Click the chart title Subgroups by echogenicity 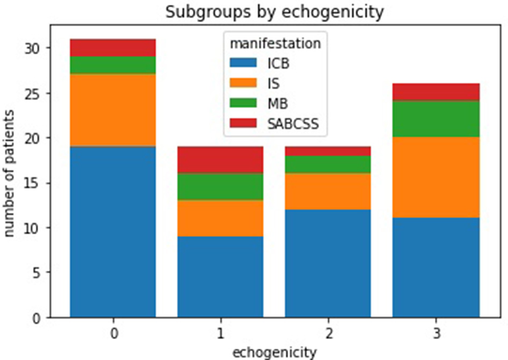pyautogui.click(x=274, y=12)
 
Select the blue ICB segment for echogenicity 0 pyautogui.click(x=113, y=231)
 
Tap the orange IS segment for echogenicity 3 pyautogui.click(x=435, y=177)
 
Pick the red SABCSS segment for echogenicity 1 pyautogui.click(x=220, y=160)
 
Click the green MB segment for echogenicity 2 pyautogui.click(x=328, y=164)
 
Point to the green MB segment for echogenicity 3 pyautogui.click(x=435, y=119)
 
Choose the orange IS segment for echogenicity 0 pyautogui.click(x=113, y=110)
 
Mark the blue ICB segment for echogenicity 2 pyautogui.click(x=328, y=263)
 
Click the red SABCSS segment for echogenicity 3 pyautogui.click(x=435, y=92)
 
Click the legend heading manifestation pyautogui.click(x=274, y=44)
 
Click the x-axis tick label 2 pyautogui.click(x=328, y=334)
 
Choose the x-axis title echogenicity pyautogui.click(x=274, y=352)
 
